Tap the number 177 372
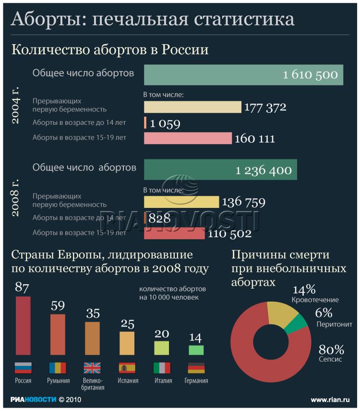coord(265,107)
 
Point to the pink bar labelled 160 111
coord(188,138)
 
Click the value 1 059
coord(165,124)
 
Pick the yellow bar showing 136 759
coord(181,202)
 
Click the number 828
coord(160,219)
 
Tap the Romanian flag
coord(58,368)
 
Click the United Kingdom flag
coord(92,368)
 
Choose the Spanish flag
coord(127,368)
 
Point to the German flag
coord(196,368)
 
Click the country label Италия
coord(162,381)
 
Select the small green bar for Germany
coord(196,350)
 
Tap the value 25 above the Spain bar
coord(127,324)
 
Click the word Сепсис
coord(330,359)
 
